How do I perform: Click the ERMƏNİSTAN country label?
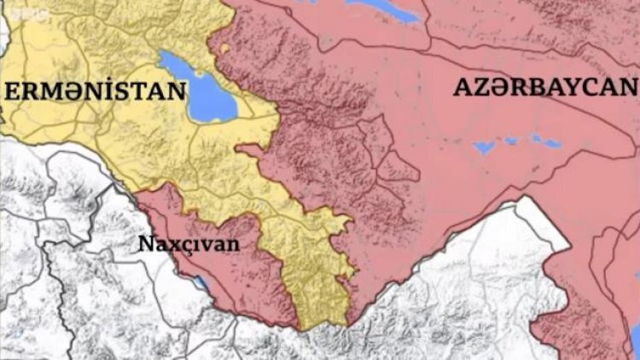[x=96, y=91]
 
